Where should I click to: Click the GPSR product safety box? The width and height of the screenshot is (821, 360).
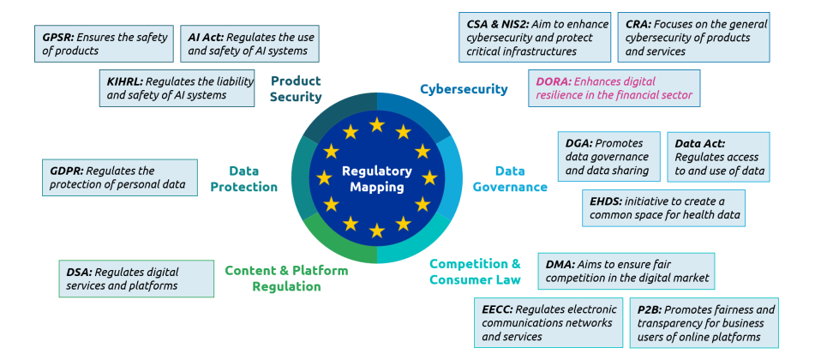105,44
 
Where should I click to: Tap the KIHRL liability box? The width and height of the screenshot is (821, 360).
177,88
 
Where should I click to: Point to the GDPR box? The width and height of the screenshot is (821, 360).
119,177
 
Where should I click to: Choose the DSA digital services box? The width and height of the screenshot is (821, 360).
136,279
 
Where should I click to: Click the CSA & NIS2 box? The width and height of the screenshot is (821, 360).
533,37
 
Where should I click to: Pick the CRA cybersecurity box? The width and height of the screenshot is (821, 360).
693,37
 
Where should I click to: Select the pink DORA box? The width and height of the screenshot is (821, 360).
614,88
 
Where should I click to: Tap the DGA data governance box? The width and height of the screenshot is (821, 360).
609,157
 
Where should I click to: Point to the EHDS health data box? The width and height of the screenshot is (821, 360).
662,207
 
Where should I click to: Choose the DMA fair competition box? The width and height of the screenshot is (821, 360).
626,271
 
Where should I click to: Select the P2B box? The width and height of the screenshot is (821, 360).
705,323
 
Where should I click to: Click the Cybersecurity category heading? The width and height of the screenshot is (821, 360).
464,89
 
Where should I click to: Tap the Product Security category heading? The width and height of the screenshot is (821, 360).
296,89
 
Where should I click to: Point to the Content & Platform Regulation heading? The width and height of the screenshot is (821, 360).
286,279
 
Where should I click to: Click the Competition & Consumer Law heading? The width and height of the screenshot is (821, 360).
475,272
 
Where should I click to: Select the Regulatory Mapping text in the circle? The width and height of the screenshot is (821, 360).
377,178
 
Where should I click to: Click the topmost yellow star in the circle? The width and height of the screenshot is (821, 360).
377,125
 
